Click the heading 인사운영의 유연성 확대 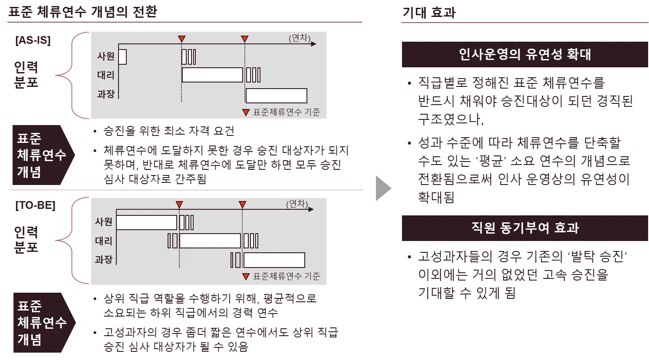[x=524, y=55]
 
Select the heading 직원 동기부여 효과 [x=524, y=228]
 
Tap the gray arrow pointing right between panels [x=383, y=188]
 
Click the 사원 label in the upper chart [x=105, y=56]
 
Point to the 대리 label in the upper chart [x=105, y=75]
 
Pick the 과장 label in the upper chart [x=105, y=94]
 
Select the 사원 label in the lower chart [x=104, y=222]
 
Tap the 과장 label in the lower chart [x=104, y=260]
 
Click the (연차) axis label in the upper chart [x=300, y=38]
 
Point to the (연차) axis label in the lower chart [x=297, y=204]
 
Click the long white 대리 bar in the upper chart [x=212, y=75]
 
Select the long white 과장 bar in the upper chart [x=277, y=96]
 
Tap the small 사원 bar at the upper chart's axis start [x=122, y=57]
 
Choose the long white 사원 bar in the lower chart [x=147, y=222]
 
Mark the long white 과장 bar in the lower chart [x=274, y=260]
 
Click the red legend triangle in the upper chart [x=246, y=112]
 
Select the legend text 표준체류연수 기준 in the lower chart [x=287, y=277]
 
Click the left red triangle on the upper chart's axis [x=182, y=39]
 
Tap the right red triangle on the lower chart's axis [x=242, y=205]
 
